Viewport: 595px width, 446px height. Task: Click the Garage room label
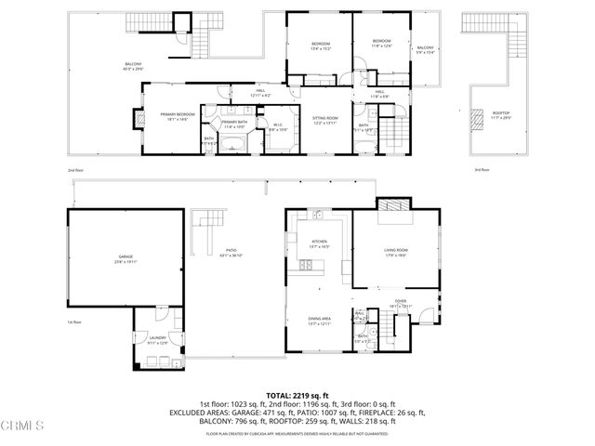pyautogui.click(x=126, y=257)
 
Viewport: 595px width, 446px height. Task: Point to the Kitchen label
pyautogui.click(x=319, y=243)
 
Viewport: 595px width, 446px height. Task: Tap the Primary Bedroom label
pyautogui.click(x=177, y=116)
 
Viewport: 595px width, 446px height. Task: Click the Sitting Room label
pyautogui.click(x=324, y=121)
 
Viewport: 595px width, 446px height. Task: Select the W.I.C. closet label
pyautogui.click(x=278, y=127)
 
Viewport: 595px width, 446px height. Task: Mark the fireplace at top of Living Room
pyautogui.click(x=390, y=206)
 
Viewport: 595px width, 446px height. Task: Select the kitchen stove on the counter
pyautogui.click(x=304, y=266)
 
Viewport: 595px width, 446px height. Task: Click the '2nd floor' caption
pyautogui.click(x=75, y=170)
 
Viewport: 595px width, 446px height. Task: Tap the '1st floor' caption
pyautogui.click(x=75, y=322)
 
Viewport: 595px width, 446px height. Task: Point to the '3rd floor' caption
pyautogui.click(x=482, y=170)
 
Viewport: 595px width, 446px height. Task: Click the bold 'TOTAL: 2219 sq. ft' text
pyautogui.click(x=297, y=395)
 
